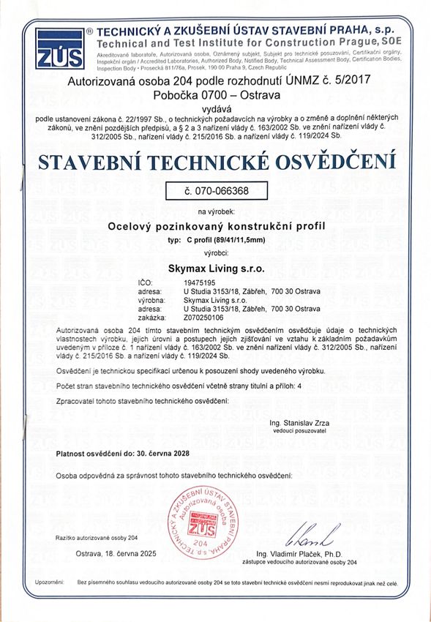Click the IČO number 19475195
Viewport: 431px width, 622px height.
point(199,282)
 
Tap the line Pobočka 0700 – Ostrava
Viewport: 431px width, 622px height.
point(217,94)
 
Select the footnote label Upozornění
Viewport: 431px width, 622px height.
point(49,582)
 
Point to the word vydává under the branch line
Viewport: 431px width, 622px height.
point(217,106)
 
